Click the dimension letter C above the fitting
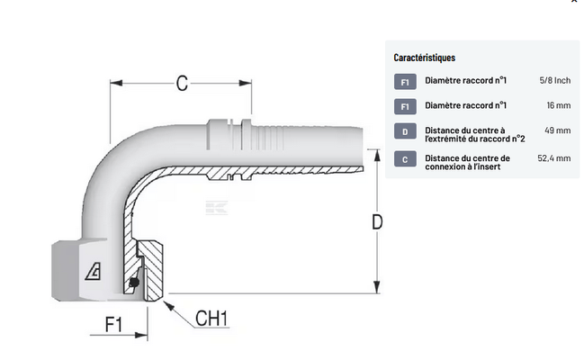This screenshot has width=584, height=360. coord(182,84)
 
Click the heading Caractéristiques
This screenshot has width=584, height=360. coord(425,57)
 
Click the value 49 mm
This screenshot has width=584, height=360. coord(558,131)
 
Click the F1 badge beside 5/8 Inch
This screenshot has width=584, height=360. coord(405,81)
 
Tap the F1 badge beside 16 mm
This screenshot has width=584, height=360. coord(405,106)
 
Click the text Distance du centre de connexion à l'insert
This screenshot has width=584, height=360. coord(467,162)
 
